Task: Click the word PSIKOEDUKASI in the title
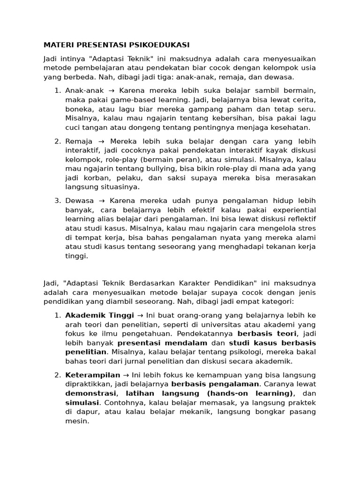(159, 45)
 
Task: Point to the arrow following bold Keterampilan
(126, 375)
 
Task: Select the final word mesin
(76, 421)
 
